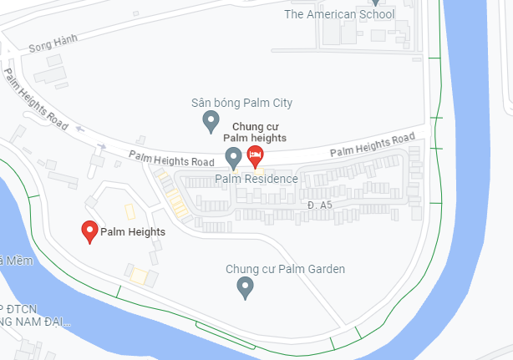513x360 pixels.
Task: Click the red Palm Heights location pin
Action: point(89,231)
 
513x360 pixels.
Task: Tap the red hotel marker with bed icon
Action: point(255,155)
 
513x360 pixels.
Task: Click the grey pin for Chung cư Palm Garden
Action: point(245,288)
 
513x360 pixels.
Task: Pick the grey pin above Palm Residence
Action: point(234,156)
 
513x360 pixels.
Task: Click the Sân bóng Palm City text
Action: point(241,103)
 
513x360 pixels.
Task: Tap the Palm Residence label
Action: point(256,179)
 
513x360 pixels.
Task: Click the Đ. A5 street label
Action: point(320,204)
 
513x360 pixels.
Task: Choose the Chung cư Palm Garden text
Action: point(285,269)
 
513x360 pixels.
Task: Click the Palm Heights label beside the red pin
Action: point(133,232)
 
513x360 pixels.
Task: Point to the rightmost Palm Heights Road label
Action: point(372,145)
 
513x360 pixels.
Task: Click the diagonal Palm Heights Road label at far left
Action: point(35,98)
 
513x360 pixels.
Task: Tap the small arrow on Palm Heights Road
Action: point(80,129)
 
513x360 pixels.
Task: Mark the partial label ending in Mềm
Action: point(8,261)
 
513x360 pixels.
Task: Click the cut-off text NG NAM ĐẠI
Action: point(35,321)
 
